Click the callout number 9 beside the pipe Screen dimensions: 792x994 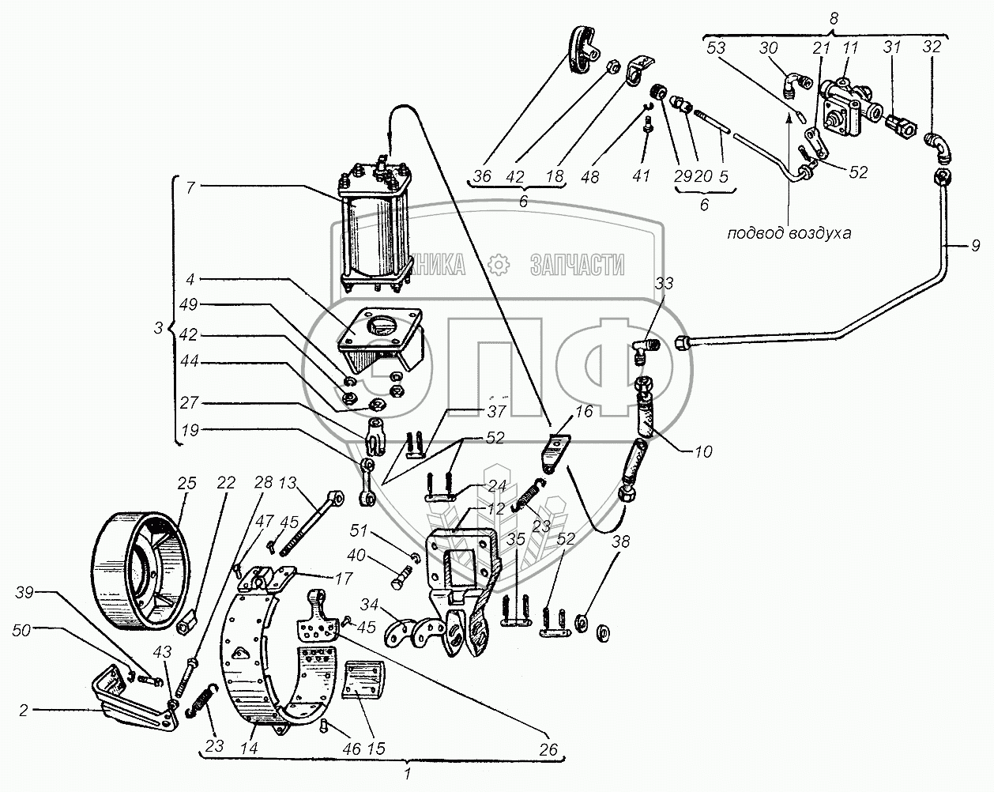(975, 247)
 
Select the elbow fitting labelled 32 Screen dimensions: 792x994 (938, 147)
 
